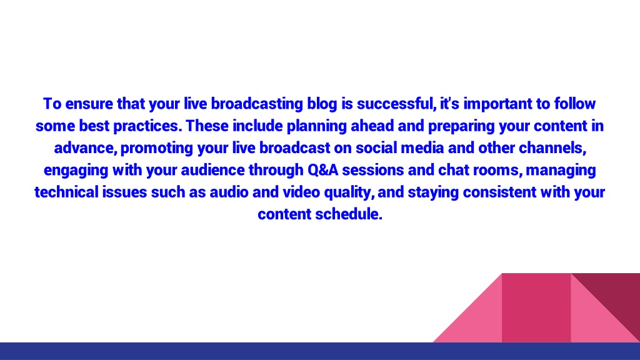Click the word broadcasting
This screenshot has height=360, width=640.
pos(257,104)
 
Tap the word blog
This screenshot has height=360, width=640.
pos(322,104)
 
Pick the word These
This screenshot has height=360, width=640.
pos(207,126)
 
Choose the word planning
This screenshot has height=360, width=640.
pos(317,126)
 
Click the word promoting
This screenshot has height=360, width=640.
pos(157,148)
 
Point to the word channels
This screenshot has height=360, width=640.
pos(552,148)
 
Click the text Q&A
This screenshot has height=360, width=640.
pos(323,170)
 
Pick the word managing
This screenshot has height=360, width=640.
pos(561,170)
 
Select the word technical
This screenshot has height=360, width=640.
pos(66,192)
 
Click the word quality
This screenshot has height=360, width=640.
pos(349,192)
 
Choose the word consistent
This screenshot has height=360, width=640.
pos(499,192)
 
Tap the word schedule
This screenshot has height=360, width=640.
pos(349,214)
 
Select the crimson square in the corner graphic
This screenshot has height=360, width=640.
pos(536,307)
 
